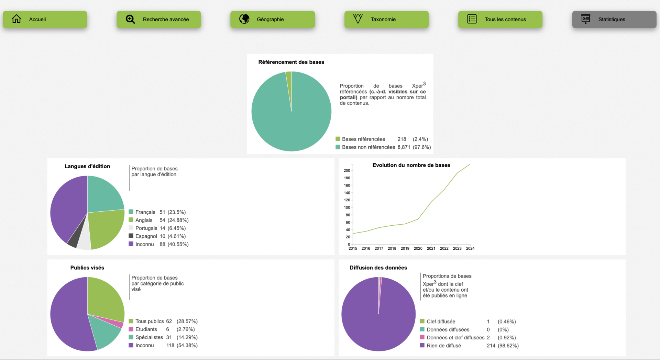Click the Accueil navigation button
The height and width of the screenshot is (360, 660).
45,20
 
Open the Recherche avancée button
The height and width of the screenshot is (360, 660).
158,20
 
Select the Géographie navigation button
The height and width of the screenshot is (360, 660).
272,20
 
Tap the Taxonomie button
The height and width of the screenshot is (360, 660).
386,20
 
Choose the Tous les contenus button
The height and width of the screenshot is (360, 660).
500,20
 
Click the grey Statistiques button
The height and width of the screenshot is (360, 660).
614,20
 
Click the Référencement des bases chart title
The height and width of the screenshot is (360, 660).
291,62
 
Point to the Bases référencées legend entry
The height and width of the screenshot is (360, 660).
363,139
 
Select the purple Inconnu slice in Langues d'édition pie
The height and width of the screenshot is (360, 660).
67,206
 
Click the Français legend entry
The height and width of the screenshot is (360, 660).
145,212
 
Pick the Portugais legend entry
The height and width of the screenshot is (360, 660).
146,228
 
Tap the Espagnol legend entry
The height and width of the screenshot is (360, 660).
146,236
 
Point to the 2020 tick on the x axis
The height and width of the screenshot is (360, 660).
418,248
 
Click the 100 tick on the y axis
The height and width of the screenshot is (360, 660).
347,207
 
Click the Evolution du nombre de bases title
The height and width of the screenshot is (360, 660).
411,165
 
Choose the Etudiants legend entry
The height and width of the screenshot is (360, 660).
146,329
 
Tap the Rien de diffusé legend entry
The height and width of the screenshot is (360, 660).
444,346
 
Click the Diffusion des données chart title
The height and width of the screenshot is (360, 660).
378,268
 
